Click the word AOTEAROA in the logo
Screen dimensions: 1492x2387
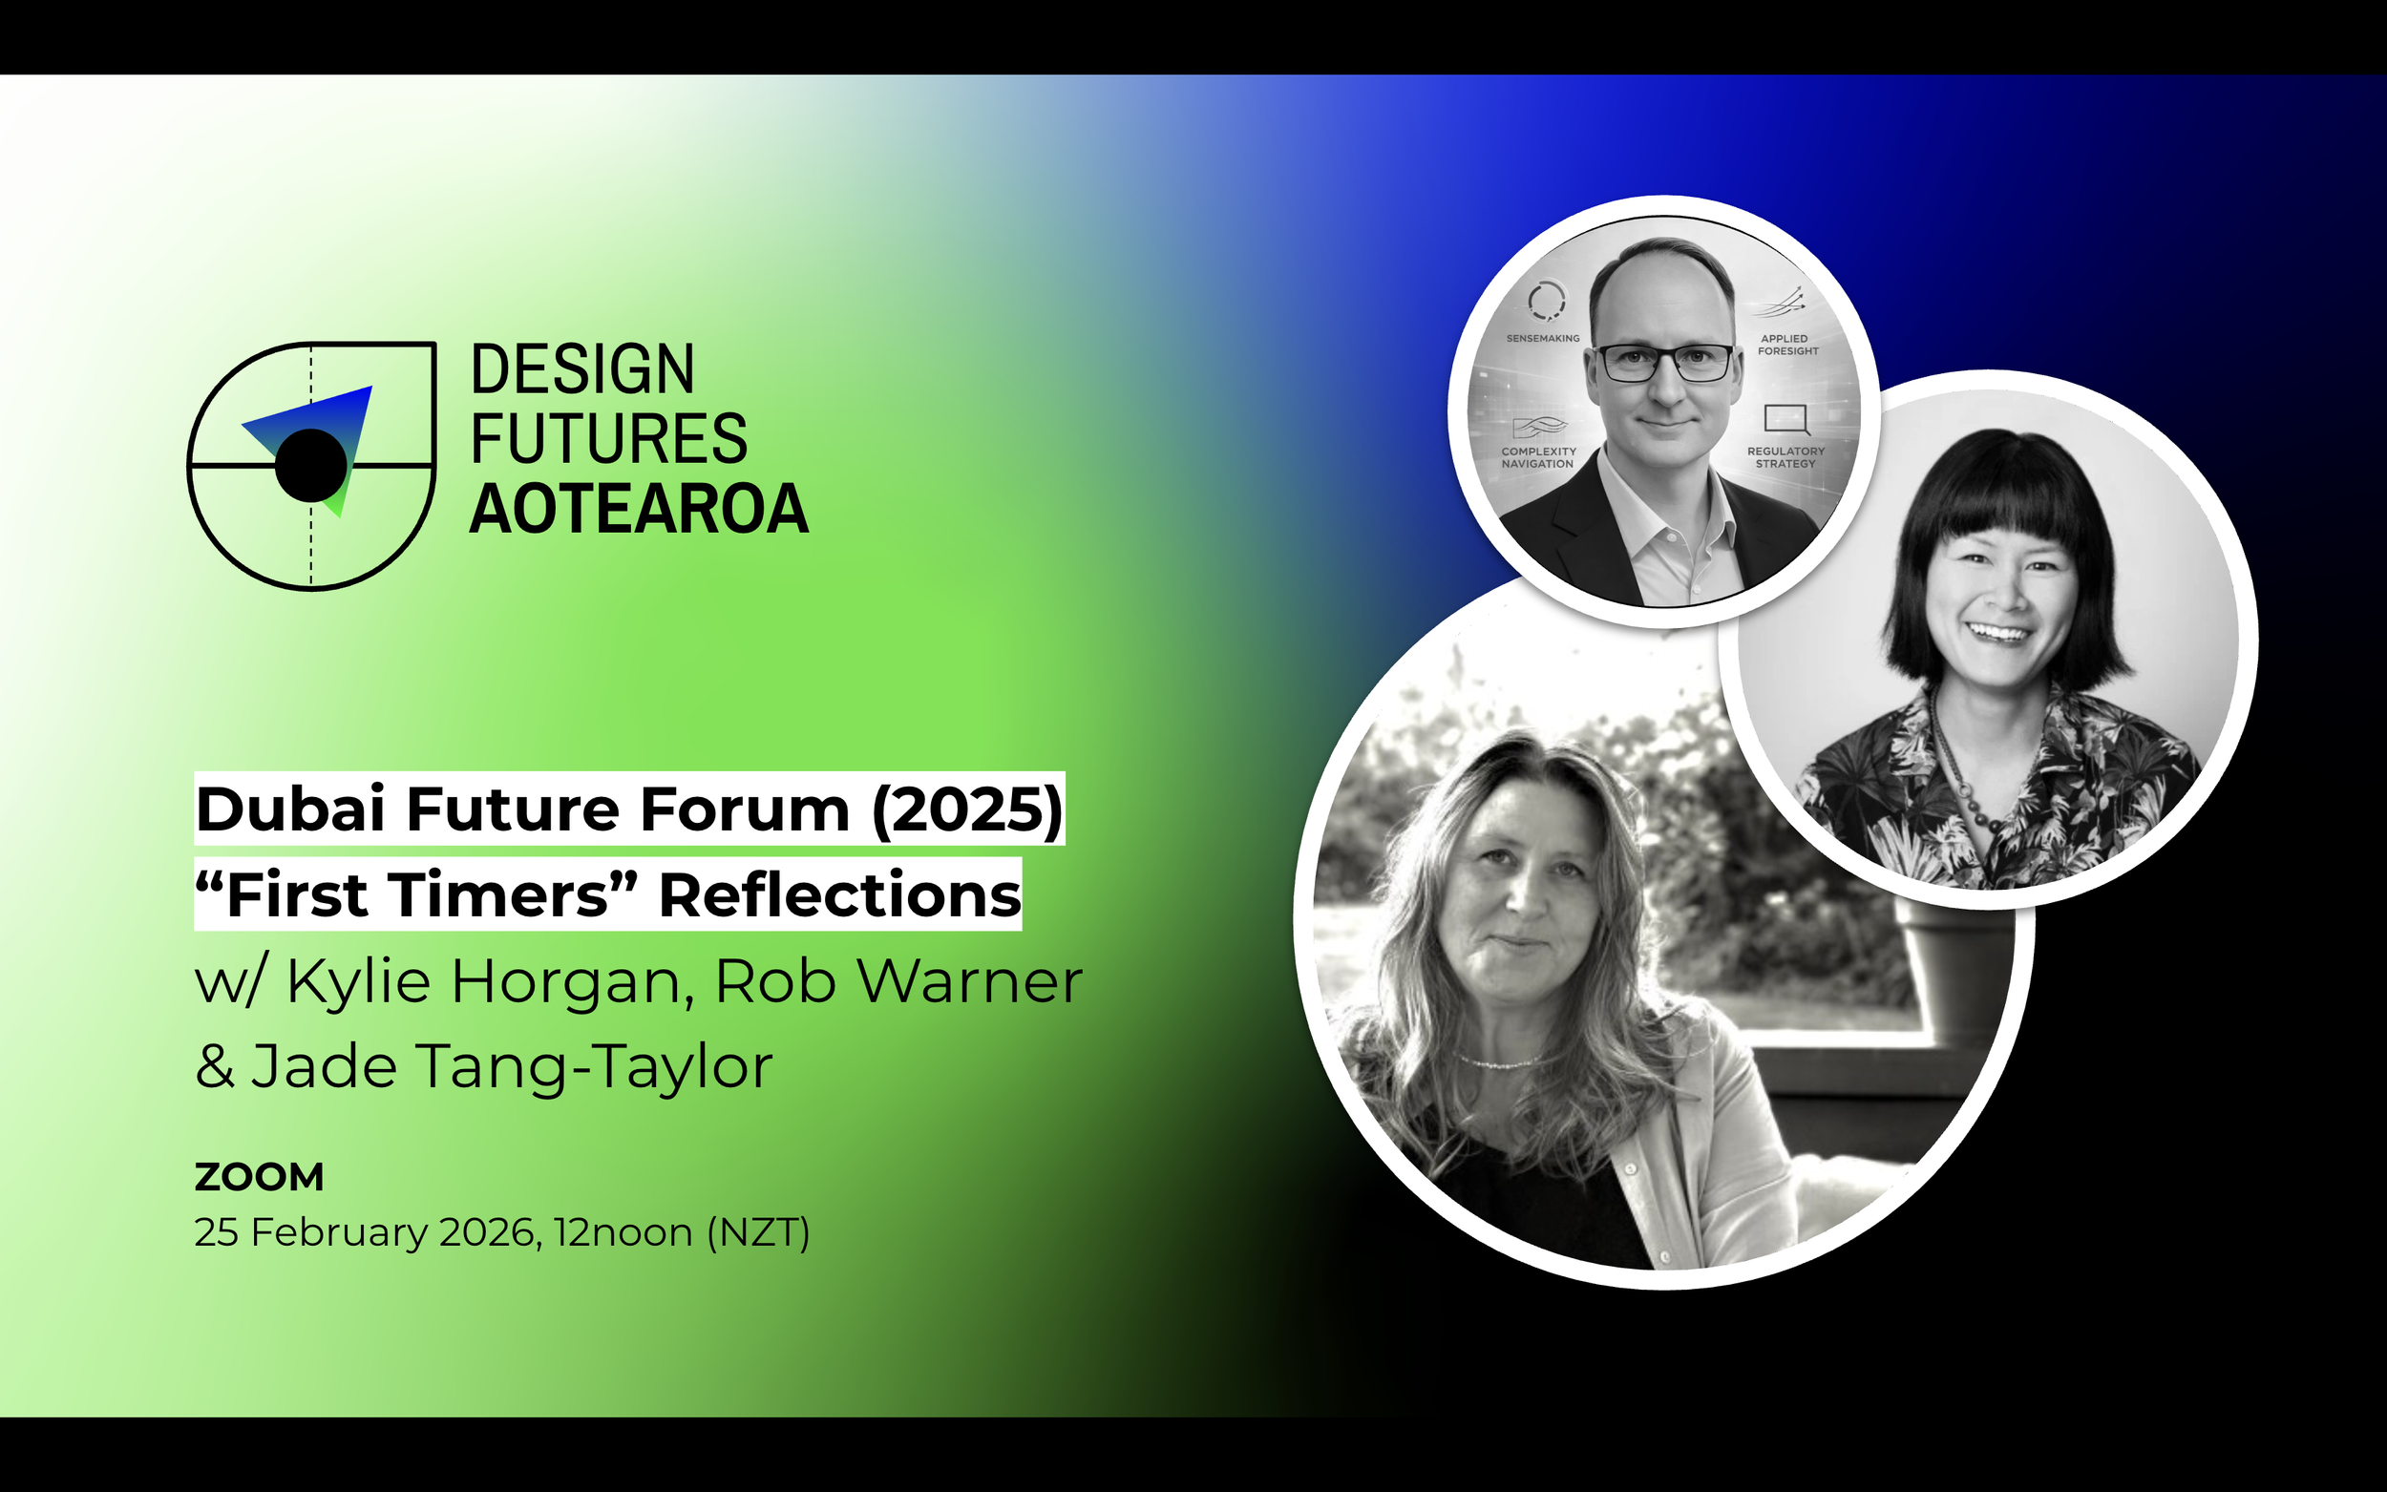tap(639, 510)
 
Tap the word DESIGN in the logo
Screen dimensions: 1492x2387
tap(582, 370)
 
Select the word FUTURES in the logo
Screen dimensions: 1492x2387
tap(609, 439)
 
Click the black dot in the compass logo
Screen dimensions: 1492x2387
tap(311, 465)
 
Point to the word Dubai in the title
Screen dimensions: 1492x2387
tap(290, 809)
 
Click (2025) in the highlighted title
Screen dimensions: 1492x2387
tap(966, 809)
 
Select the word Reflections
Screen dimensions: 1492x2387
tap(838, 895)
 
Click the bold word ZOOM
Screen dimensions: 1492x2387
tap(259, 1177)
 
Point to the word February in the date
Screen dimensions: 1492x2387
tap(340, 1232)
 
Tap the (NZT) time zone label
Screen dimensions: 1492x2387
tap(758, 1232)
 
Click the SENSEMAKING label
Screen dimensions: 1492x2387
tap(1542, 339)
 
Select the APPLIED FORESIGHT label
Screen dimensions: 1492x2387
tap(1787, 345)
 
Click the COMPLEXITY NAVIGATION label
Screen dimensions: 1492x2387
tap(1538, 458)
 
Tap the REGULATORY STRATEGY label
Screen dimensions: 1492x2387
tap(1786, 458)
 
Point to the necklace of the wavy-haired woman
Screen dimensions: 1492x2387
tap(1499, 1063)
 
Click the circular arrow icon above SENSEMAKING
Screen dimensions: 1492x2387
tap(1546, 301)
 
